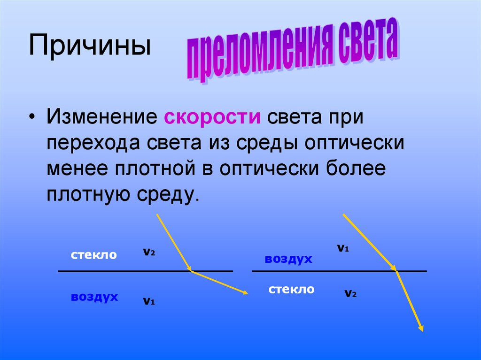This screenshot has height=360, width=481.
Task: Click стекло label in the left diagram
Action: [x=94, y=255]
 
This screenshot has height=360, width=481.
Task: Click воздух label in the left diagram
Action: [x=94, y=297]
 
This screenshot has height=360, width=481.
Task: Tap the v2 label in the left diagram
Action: [x=149, y=252]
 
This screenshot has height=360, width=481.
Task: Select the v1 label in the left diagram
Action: [x=149, y=301]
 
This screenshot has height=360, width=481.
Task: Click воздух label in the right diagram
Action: [x=288, y=259]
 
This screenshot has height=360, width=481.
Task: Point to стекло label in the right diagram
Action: [x=291, y=290]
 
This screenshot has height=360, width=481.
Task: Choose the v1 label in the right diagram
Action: [x=343, y=248]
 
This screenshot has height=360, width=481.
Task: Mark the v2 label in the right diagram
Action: [x=350, y=294]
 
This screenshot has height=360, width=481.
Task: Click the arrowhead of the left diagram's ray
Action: [x=245, y=293]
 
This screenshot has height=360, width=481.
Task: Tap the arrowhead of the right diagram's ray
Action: [x=421, y=329]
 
